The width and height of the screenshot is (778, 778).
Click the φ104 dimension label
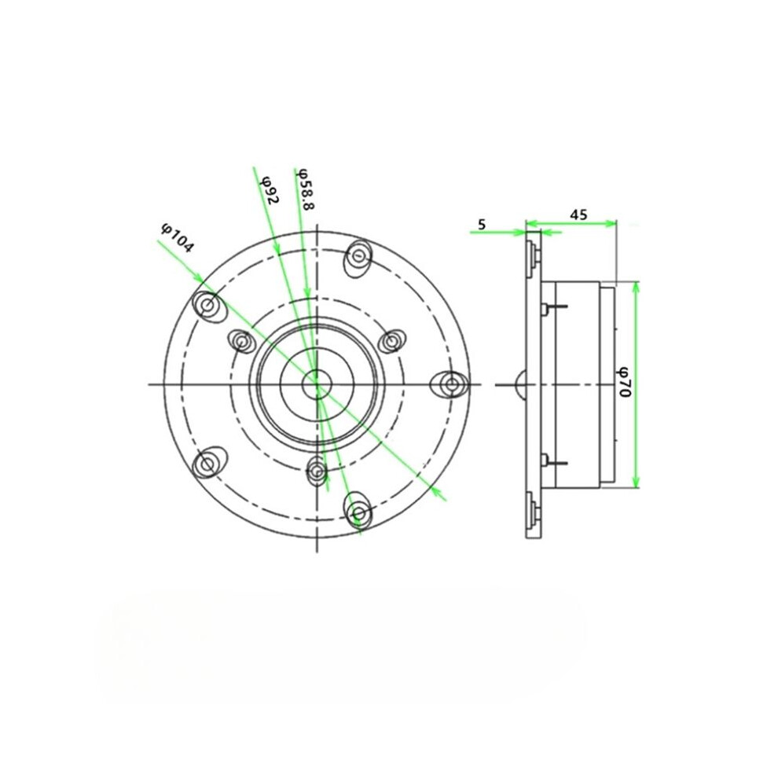coord(176,238)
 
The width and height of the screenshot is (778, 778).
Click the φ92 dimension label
coord(270,190)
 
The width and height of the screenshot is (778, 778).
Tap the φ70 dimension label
coord(624,381)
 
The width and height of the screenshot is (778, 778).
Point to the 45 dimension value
coord(578,215)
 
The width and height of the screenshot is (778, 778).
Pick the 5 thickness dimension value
coord(481,224)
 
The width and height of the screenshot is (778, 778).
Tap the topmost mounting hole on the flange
coord(358,256)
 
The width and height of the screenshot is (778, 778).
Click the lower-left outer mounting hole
coord(208,464)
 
